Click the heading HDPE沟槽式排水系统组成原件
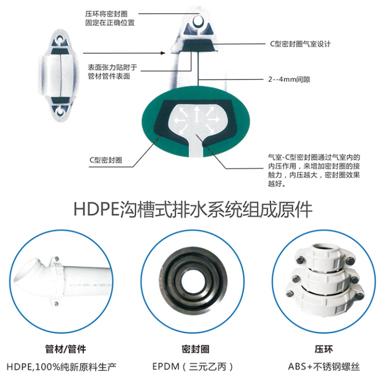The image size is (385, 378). pyautogui.click(x=193, y=209)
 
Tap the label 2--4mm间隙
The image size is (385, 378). pyautogui.click(x=289, y=80)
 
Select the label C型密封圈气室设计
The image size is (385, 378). pyautogui.click(x=300, y=44)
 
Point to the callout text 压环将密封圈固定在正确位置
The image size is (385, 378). pyautogui.click(x=110, y=18)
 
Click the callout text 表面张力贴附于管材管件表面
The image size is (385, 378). pyautogui.click(x=112, y=71)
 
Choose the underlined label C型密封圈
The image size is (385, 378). pyautogui.click(x=105, y=160)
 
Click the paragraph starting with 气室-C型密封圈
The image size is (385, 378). pyautogui.click(x=314, y=171)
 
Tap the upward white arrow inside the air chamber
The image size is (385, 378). pyautogui.click(x=196, y=115)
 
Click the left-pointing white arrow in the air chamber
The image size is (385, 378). pyautogui.click(x=180, y=120)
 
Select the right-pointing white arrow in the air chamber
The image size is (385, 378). pyautogui.click(x=213, y=120)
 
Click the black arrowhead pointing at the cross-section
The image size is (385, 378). pyautogui.click(x=163, y=53)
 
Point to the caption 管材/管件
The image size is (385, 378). pyautogui.click(x=66, y=349)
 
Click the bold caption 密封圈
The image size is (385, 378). pyautogui.click(x=195, y=349)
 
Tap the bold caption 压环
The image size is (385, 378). pyautogui.click(x=324, y=349)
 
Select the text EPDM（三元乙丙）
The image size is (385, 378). pyautogui.click(x=193, y=367)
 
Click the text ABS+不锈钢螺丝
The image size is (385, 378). pyautogui.click(x=324, y=367)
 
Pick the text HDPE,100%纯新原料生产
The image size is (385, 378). pyautogui.click(x=61, y=367)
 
